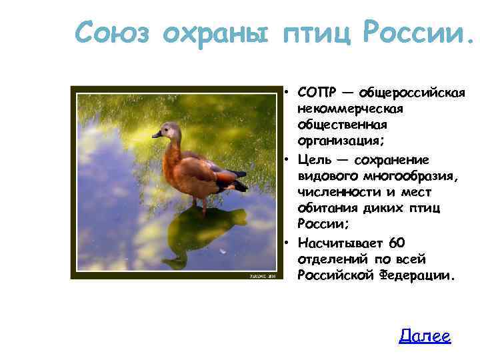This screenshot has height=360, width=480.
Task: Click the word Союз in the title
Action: pos(114,32)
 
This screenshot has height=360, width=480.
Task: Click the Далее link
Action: pos(425,337)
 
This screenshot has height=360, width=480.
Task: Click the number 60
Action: pos(396,242)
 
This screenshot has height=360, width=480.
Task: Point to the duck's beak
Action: pos(157,135)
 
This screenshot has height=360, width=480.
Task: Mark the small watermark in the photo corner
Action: pos(262,274)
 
